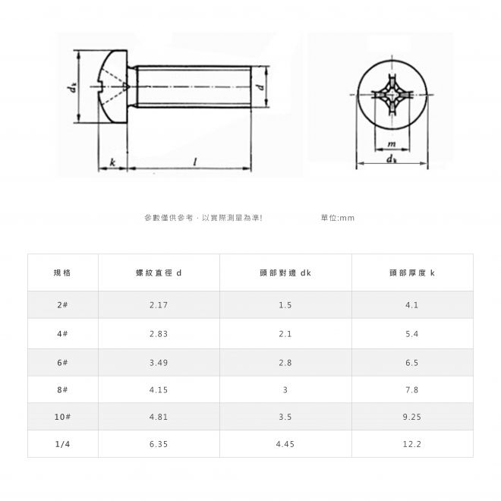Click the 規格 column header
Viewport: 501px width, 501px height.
62,273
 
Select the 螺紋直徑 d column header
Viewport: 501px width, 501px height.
159,273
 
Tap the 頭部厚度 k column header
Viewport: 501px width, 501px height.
412,273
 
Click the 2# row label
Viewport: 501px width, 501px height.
62,305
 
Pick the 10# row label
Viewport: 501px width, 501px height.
62,417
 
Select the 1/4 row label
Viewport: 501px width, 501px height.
62,444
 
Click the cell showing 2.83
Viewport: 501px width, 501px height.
159,334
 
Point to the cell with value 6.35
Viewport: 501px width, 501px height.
159,444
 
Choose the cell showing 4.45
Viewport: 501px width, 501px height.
285,444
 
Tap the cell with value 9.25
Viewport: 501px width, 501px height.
412,417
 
